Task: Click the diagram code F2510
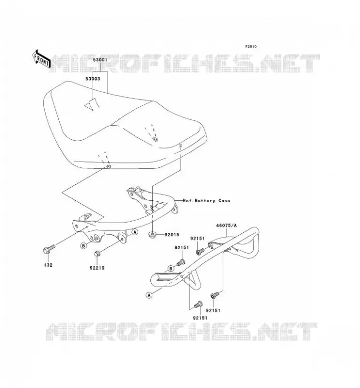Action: pos(251,47)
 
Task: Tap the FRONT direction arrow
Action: pos(41,59)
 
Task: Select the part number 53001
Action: pos(100,60)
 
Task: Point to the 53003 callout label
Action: pos(93,79)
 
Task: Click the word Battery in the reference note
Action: pos(205,201)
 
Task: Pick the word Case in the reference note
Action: pos(224,201)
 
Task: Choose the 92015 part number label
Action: pos(172,235)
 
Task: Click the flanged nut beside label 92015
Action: pos(152,234)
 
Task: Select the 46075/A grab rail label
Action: pos(226,226)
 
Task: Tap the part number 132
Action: pos(48,265)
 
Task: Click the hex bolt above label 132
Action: pos(49,249)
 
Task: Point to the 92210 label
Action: pos(97,268)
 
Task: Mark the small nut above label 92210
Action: pos(97,254)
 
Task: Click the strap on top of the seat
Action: pos(92,104)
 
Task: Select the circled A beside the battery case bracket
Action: pos(135,232)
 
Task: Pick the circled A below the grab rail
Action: pos(149,295)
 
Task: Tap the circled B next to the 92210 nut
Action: pos(83,246)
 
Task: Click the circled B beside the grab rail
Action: pos(171,269)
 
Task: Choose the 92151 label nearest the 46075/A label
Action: pos(197,239)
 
